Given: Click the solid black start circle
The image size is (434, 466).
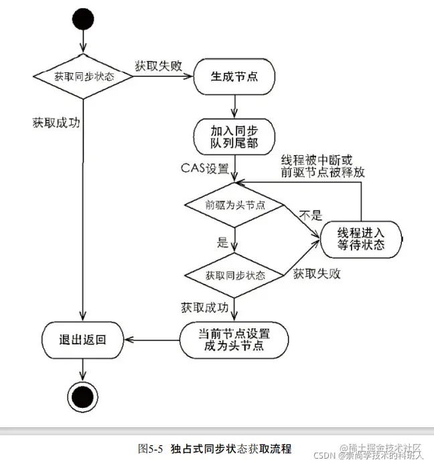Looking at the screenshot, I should tap(83, 20).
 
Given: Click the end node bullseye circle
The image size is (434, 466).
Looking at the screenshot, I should tap(83, 394).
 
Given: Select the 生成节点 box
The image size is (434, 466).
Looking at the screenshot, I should tap(234, 77).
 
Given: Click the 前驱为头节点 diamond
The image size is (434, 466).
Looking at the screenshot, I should tap(234, 205).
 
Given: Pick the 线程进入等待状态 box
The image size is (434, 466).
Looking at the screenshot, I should tap(362, 238).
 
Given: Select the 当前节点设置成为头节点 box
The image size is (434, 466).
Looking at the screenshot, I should tap(234, 339).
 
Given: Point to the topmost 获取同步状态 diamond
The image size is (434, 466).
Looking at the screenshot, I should tap(83, 76).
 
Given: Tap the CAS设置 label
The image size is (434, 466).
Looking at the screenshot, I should tap(205, 166).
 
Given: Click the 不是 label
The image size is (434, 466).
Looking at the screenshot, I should tap(311, 215).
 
